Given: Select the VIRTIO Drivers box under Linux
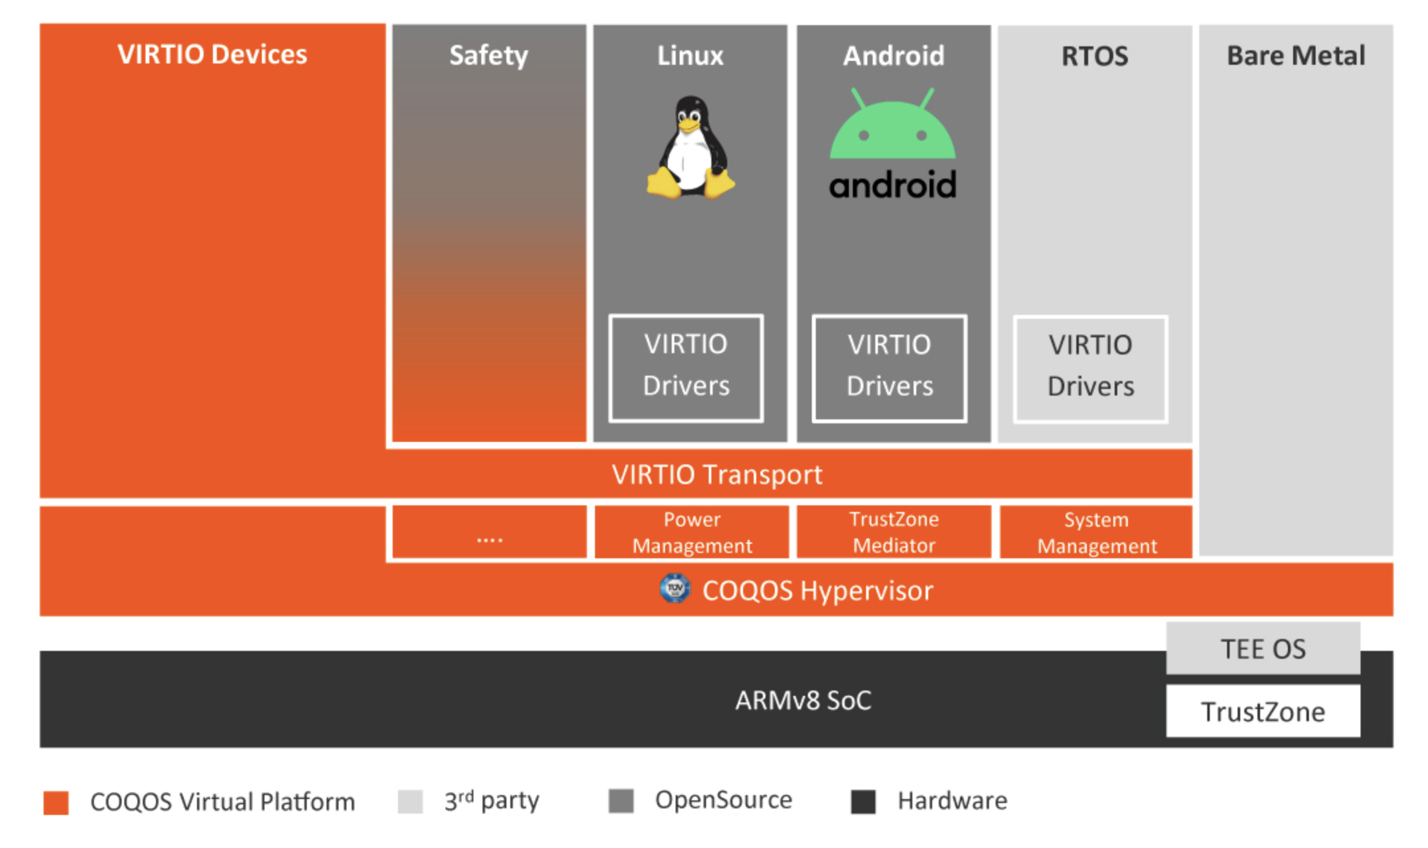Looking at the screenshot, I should pyautogui.click(x=686, y=368).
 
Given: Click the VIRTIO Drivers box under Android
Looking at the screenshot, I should pyautogui.click(x=890, y=368).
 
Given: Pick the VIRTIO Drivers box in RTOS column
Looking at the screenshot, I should pyautogui.click(x=1091, y=368).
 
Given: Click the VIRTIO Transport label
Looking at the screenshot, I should pyautogui.click(x=717, y=474).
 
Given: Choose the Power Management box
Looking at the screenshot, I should pyautogui.click(x=692, y=532).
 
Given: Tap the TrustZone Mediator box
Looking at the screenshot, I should pyautogui.click(x=894, y=532).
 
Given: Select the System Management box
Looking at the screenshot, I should pyautogui.click(x=1096, y=532).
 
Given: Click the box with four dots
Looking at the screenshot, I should pyautogui.click(x=489, y=532).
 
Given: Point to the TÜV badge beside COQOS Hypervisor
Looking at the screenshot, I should pyautogui.click(x=674, y=588).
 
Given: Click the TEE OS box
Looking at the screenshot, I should pyautogui.click(x=1263, y=648).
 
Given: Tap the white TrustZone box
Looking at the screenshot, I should pyautogui.click(x=1263, y=711).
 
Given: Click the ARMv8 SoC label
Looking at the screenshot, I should pyautogui.click(x=803, y=700).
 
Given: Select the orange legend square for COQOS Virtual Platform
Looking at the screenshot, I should pyautogui.click(x=56, y=802).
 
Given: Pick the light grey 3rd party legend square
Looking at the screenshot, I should pyautogui.click(x=411, y=802).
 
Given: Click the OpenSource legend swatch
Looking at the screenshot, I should pyautogui.click(x=621, y=801).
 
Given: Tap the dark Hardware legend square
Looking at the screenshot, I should pyautogui.click(x=863, y=802).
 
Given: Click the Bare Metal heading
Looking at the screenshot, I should pyautogui.click(x=1296, y=56).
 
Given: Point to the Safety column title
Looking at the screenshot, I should pyautogui.click(x=489, y=56).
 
